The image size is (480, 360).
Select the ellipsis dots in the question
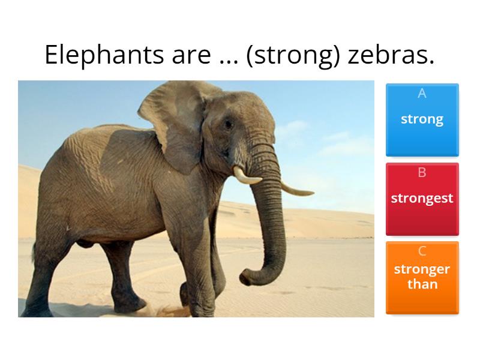pyautogui.click(x=226, y=60)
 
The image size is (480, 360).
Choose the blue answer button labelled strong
pyautogui.click(x=422, y=120)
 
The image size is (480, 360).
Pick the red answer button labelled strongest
pyautogui.click(x=422, y=199)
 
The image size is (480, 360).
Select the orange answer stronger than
pyautogui.click(x=422, y=277)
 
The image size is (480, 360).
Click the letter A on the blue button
pyautogui.click(x=422, y=94)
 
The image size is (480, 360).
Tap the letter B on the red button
pyautogui.click(x=422, y=173)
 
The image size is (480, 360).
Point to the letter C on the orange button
pyautogui.click(x=422, y=251)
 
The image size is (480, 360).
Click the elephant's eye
pyautogui.click(x=227, y=125)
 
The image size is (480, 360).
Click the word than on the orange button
pyautogui.click(x=422, y=284)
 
